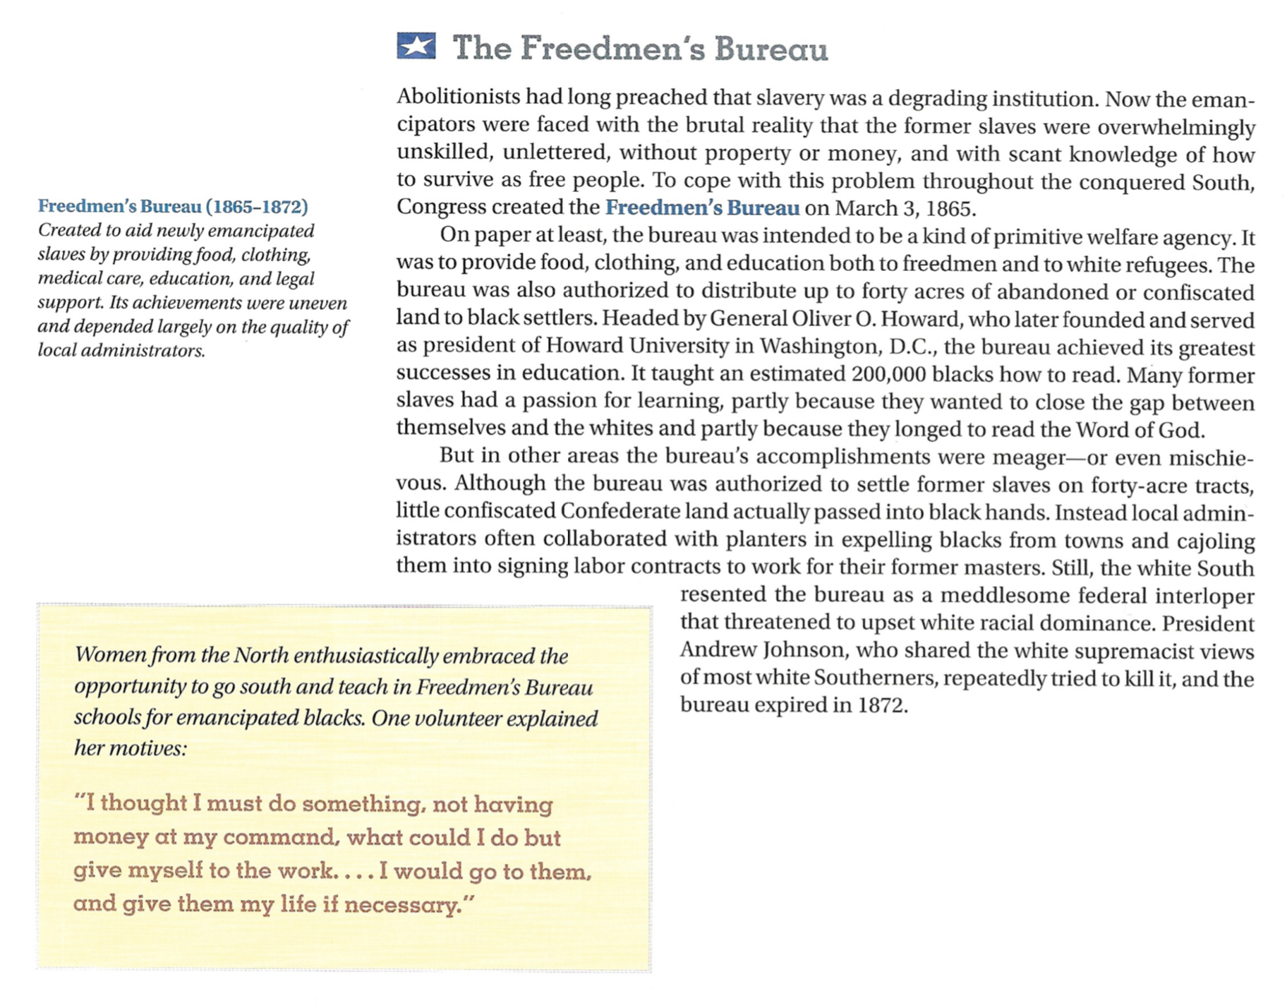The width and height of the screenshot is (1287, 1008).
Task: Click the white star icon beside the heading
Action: (416, 47)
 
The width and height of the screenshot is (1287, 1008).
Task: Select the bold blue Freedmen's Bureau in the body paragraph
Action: (702, 208)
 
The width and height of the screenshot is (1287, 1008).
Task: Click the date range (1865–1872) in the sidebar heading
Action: (257, 207)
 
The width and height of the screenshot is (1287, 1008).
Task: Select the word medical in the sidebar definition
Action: (69, 279)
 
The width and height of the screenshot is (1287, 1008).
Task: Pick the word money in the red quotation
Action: (106, 838)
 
